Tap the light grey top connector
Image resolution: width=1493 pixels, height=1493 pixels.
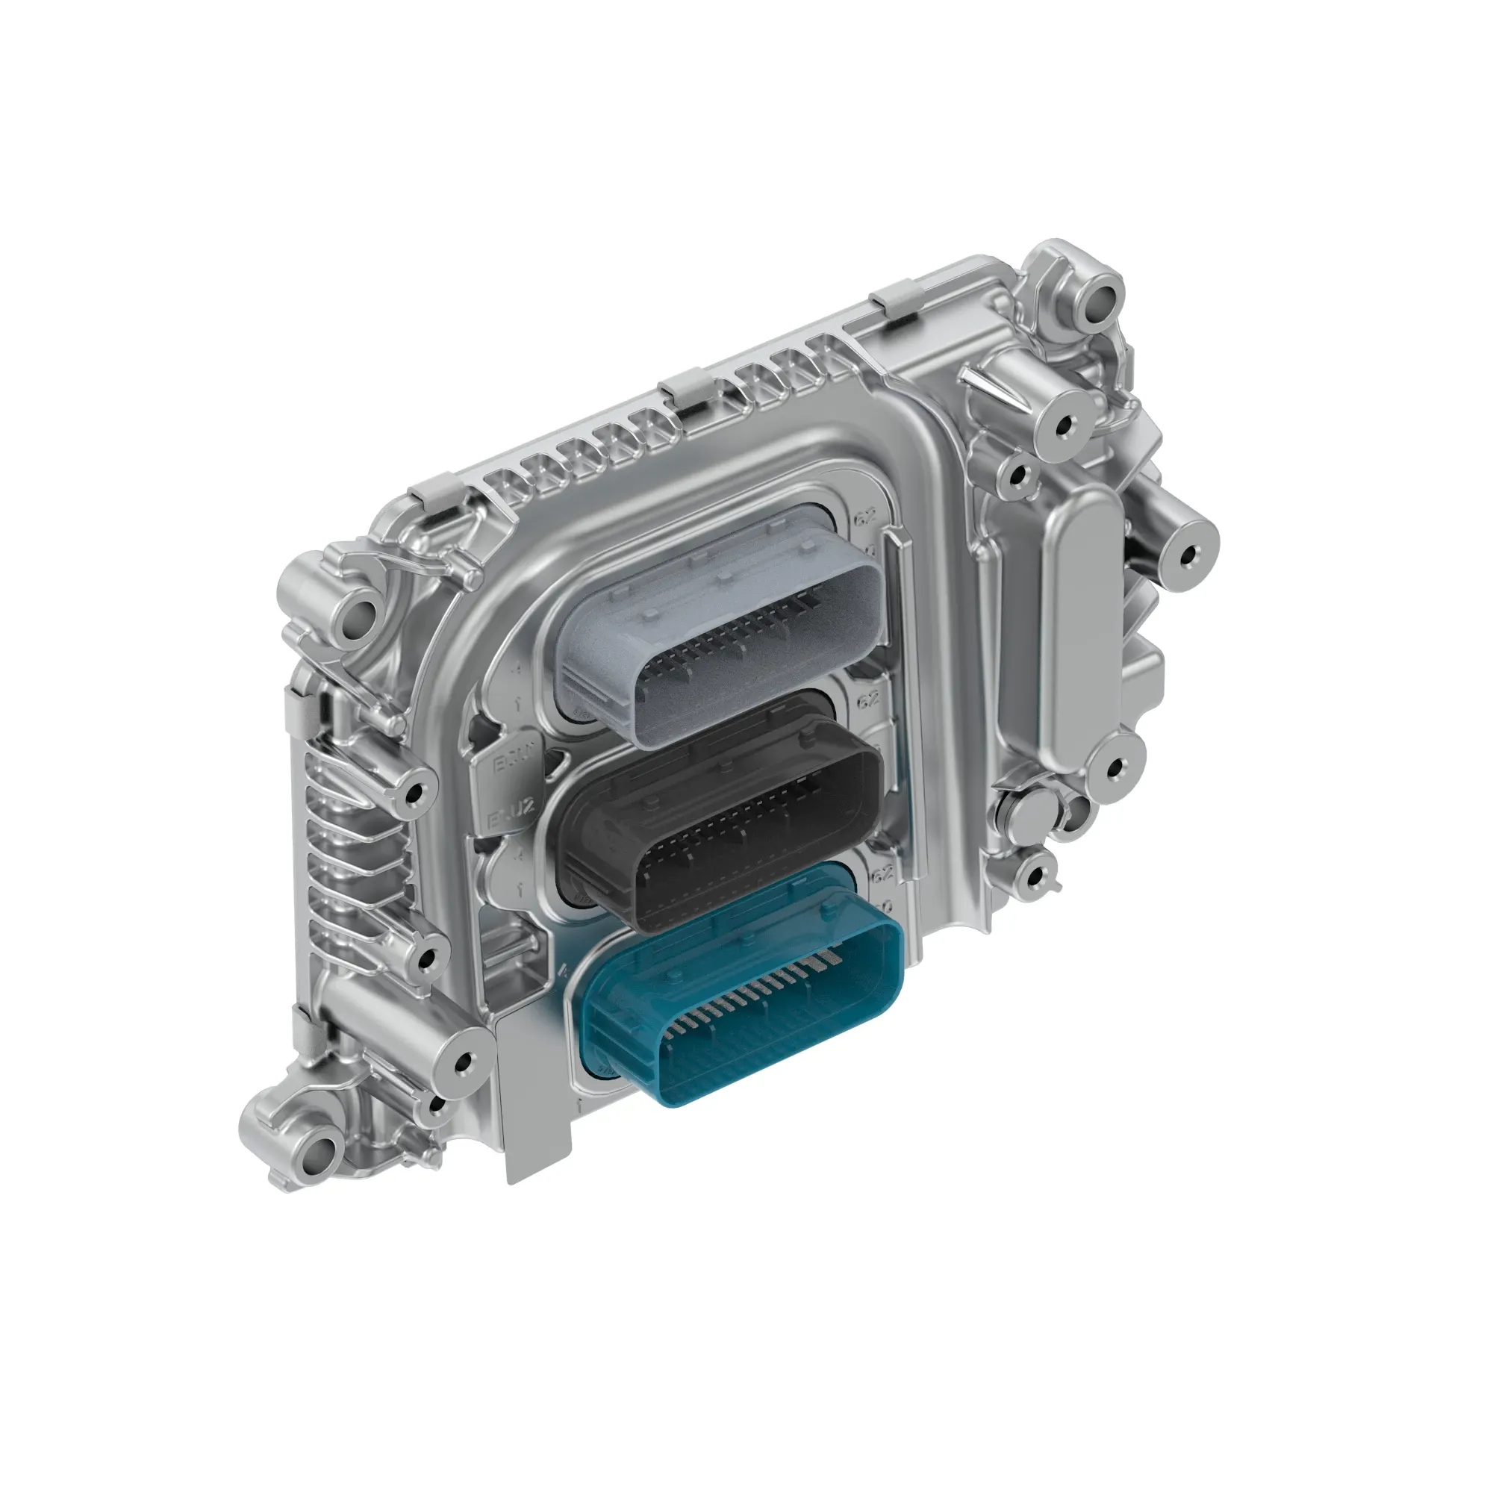pos(719,618)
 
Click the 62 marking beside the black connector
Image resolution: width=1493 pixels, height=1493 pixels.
pos(868,700)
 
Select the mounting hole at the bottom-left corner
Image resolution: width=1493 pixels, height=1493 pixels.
pos(323,1148)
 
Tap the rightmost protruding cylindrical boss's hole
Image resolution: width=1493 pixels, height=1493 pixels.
pos(1188,553)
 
